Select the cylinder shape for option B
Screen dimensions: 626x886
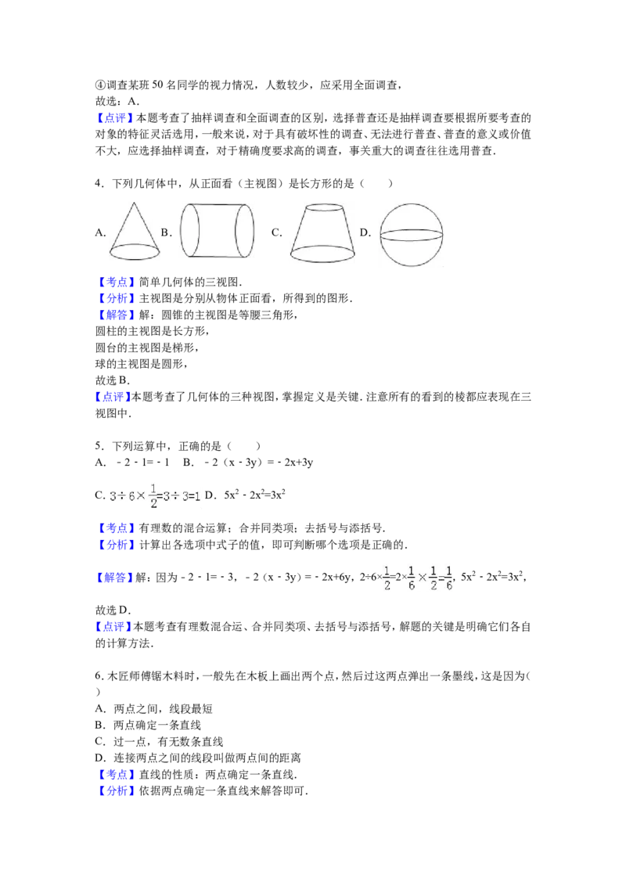(x=217, y=231)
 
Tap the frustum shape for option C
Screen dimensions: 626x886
(x=322, y=232)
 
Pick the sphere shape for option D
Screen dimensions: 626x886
(x=411, y=235)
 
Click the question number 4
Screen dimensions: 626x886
(x=99, y=183)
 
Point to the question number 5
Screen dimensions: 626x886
(x=99, y=446)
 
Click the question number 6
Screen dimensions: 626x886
(x=99, y=675)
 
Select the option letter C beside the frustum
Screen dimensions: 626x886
(x=276, y=232)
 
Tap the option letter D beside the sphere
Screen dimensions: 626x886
(x=365, y=232)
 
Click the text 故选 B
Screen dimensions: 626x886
(x=113, y=380)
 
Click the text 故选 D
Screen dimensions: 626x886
(x=113, y=610)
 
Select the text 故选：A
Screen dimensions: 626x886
(x=117, y=101)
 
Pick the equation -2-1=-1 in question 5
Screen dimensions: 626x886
(x=143, y=463)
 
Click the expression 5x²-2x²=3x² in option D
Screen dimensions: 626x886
(x=255, y=495)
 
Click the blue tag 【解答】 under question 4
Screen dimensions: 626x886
(x=115, y=315)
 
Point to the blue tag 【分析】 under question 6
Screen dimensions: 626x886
(x=115, y=791)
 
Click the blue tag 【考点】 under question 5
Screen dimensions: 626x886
(x=115, y=528)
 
